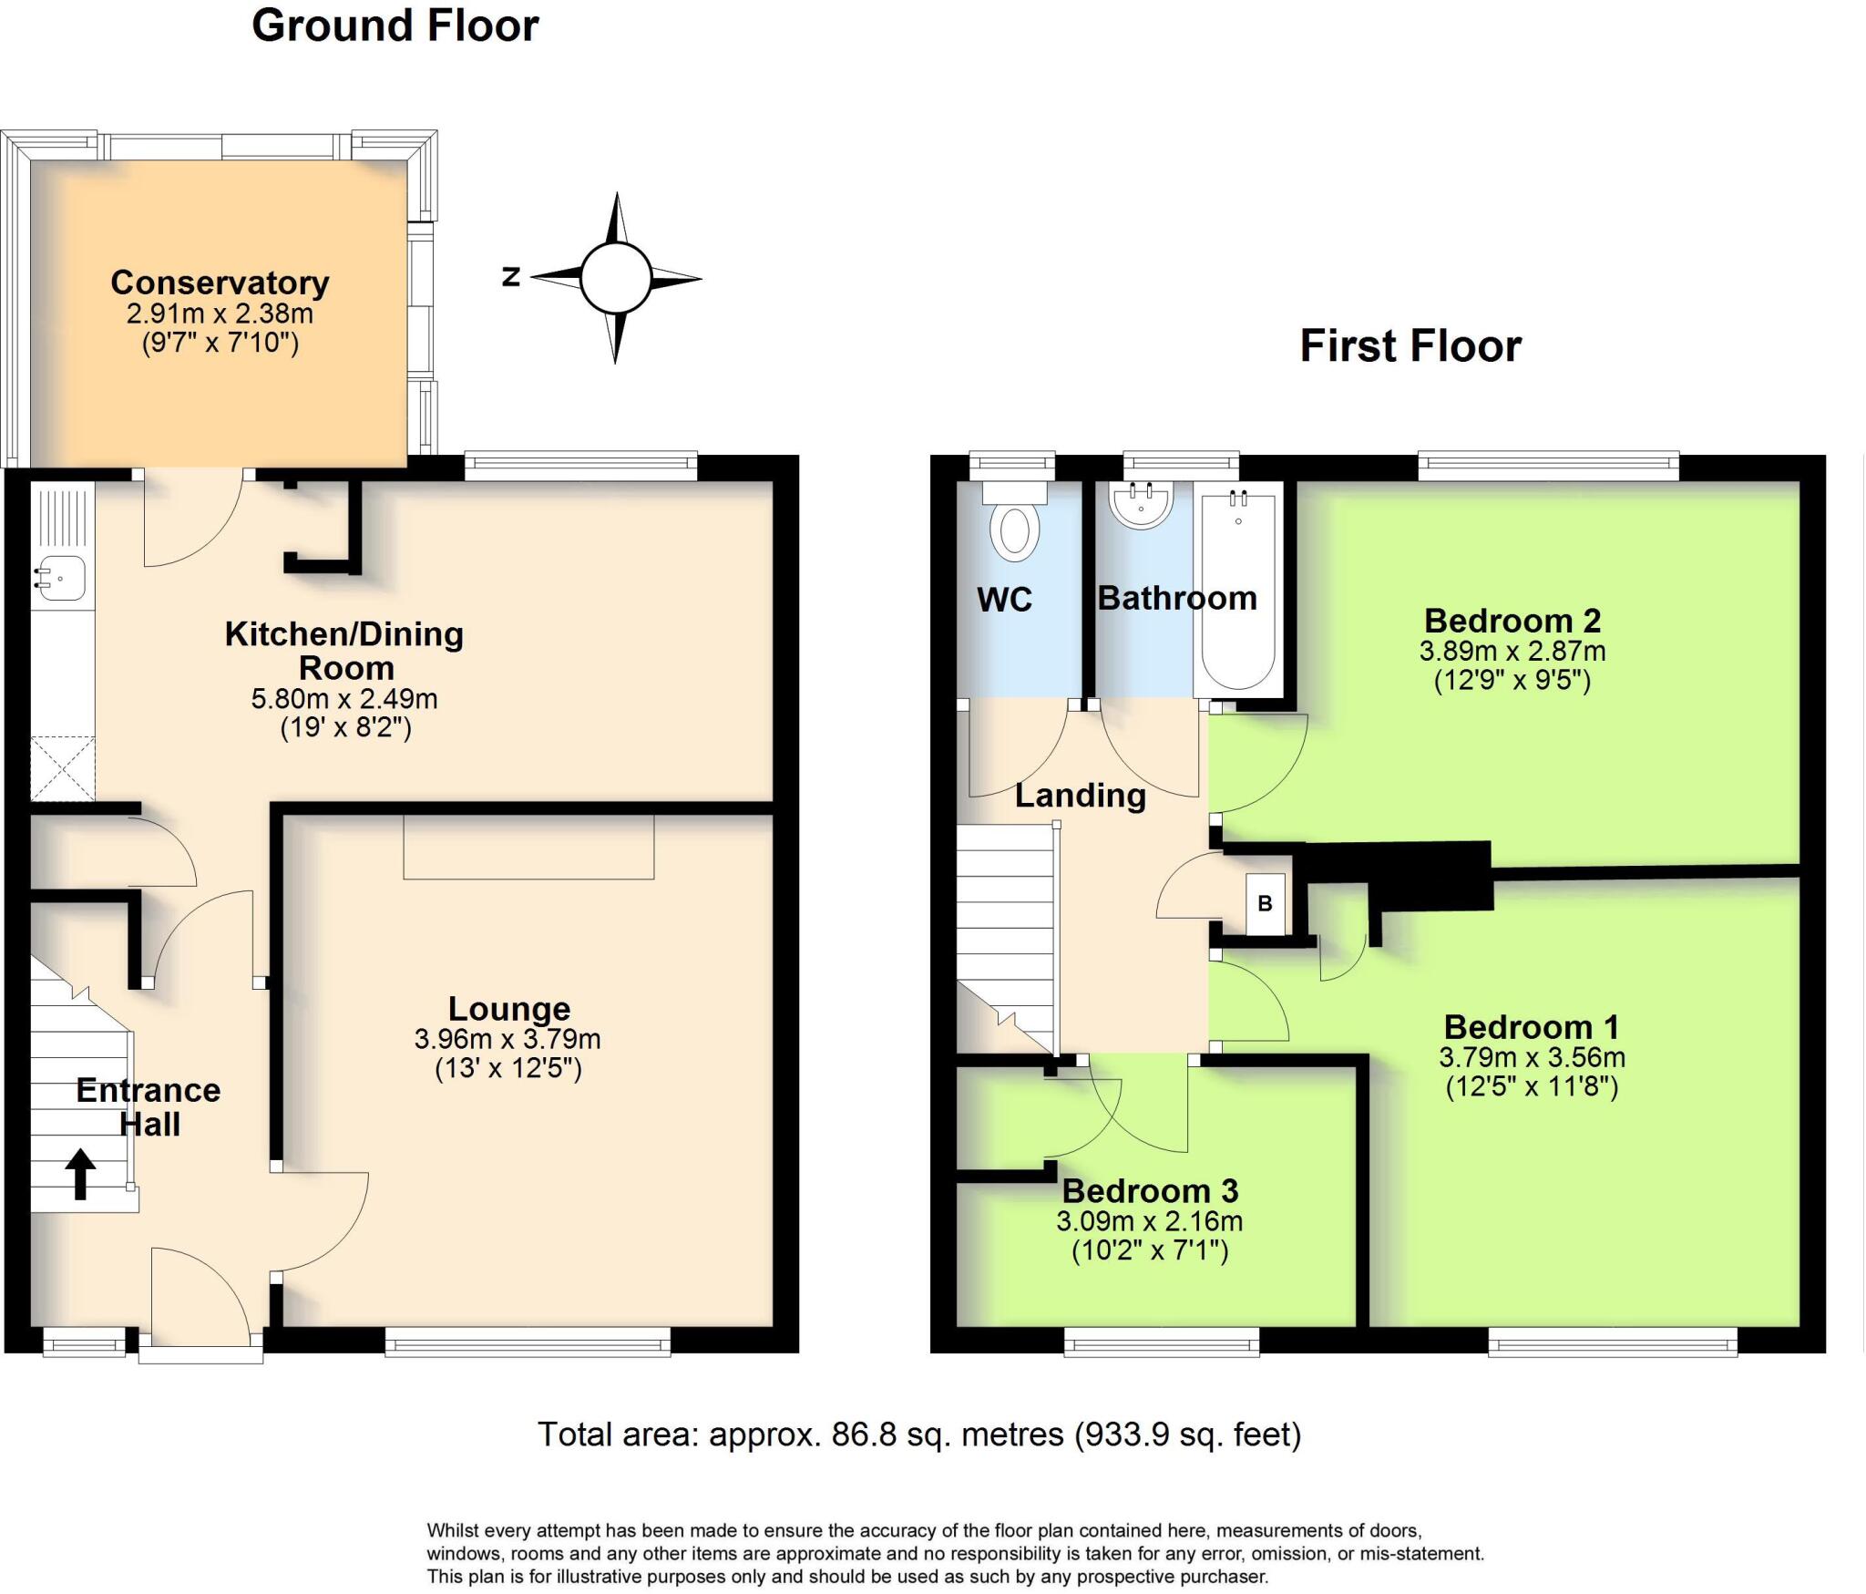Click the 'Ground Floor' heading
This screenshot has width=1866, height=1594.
point(395,26)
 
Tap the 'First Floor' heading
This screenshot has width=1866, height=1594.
point(1410,346)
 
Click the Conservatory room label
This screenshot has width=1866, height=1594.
point(220,283)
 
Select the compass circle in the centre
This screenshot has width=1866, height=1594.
point(615,278)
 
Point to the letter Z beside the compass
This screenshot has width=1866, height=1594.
point(511,276)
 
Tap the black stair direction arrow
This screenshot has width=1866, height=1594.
point(80,1173)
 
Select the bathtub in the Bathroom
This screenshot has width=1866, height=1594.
point(1238,592)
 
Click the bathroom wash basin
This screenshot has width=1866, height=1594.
point(1141,508)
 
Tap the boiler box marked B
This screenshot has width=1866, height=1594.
point(1265,903)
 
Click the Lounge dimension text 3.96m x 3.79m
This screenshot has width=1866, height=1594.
point(508,1039)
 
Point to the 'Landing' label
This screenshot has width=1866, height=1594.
point(1081,796)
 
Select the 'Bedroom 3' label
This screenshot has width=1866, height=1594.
point(1150,1190)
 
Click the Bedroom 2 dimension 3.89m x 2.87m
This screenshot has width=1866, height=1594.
point(1512,651)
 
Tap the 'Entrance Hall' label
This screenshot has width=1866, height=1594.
point(149,1106)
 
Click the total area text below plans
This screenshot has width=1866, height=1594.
point(918,1435)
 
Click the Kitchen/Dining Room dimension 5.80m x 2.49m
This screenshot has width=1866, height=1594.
point(344,699)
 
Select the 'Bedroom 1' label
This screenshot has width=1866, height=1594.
point(1532,1027)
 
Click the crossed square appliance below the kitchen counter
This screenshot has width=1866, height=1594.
point(62,769)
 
